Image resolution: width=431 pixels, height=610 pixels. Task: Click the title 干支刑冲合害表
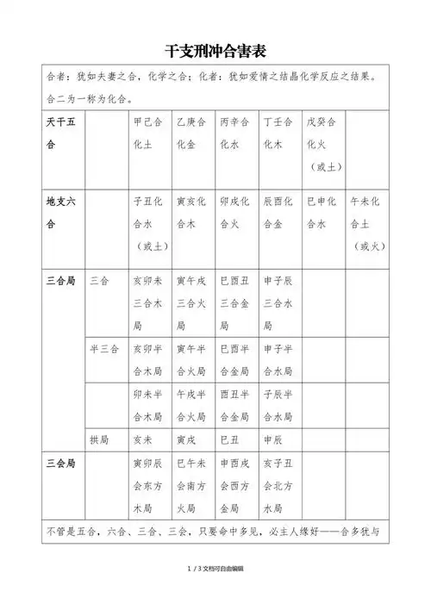(x=215, y=51)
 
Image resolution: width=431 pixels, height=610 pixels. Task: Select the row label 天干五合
(x=60, y=134)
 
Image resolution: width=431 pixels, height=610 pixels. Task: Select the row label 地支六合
(x=60, y=215)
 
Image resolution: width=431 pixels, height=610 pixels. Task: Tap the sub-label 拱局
(x=99, y=439)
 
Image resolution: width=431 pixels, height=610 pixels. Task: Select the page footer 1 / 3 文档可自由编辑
(x=215, y=593)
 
